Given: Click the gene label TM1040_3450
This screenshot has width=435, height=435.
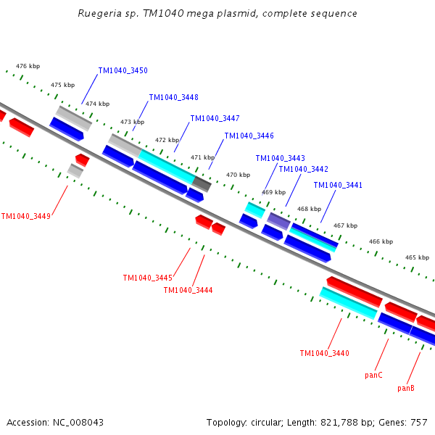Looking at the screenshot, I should point(123,70).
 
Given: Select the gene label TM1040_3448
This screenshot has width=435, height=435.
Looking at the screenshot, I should point(173,97).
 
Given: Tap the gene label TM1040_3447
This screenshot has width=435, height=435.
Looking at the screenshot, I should point(215,118).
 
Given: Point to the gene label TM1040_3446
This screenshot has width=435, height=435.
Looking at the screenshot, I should point(249,136).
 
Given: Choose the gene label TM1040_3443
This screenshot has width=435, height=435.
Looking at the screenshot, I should point(280,158).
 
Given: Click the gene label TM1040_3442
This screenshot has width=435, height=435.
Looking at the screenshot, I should point(303,169).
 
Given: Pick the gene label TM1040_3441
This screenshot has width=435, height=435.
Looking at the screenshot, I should point(338,185).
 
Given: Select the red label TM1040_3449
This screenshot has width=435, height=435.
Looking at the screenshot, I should point(25,216).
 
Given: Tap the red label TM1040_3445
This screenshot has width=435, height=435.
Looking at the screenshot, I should point(147,278).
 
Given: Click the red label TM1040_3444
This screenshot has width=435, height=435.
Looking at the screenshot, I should point(188,290).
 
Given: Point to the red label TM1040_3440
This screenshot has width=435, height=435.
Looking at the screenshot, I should point(324,353).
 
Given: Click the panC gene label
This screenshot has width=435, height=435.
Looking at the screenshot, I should point(373,376).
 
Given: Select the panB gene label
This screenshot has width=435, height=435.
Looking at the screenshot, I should point(406,389).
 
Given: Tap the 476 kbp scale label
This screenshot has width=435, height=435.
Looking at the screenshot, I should point(26,66).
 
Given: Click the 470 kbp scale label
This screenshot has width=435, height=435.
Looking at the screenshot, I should point(237,175).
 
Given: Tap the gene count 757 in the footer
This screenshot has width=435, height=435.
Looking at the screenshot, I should point(419,422).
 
